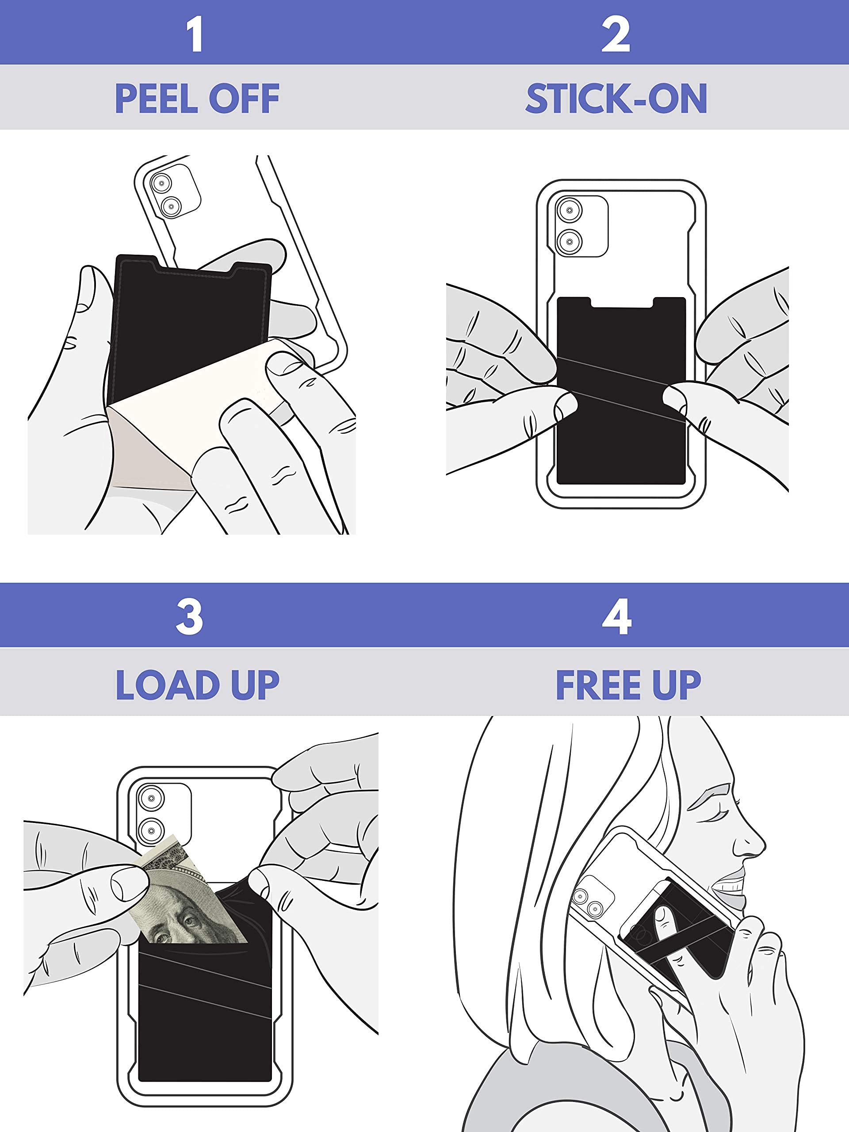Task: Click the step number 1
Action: click(195, 34)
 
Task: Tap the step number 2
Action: click(616, 34)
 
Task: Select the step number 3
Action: click(189, 617)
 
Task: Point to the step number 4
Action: click(617, 617)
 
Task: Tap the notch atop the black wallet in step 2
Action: click(621, 303)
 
